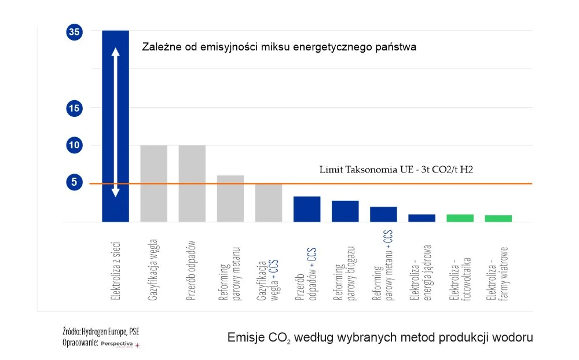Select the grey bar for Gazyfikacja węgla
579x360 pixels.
153,183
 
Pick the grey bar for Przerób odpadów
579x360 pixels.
192,183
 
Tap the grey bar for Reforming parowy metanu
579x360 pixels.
230,198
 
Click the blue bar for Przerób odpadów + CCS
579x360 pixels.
306,209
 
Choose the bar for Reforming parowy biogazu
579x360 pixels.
345,211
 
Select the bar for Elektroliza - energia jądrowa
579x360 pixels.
422,218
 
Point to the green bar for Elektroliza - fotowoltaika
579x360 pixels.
460,218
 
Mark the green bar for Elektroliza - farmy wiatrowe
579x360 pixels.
498,218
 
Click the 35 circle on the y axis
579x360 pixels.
74,33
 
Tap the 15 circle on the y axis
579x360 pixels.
74,108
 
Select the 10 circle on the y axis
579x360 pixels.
74,145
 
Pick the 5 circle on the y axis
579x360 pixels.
74,182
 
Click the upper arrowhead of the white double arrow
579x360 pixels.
115,52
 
